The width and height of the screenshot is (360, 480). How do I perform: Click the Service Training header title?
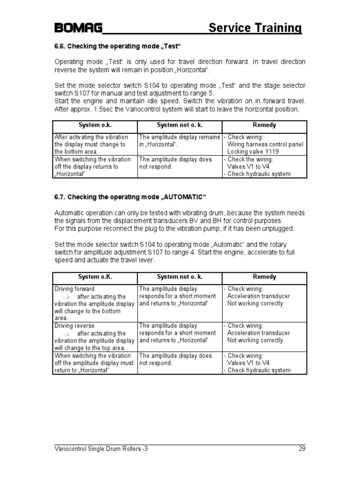point(255,28)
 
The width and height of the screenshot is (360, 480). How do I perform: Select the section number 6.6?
point(61,47)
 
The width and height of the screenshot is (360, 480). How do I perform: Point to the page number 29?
point(301,449)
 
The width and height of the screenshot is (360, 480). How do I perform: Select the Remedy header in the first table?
point(264,126)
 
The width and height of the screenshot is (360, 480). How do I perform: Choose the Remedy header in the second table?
point(264,277)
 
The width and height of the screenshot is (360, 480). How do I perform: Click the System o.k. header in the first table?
point(95,126)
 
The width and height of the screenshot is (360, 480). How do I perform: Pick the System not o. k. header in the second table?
point(179,277)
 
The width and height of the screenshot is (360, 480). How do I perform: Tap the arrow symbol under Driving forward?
point(66,297)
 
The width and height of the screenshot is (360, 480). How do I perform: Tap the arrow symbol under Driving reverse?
point(66,333)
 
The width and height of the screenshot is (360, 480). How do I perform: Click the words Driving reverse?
point(75,326)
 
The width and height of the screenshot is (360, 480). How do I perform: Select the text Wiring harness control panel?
point(265,144)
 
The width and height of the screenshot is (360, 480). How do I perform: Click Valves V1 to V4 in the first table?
point(247,166)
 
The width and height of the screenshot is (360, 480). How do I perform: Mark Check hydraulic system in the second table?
point(259,370)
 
